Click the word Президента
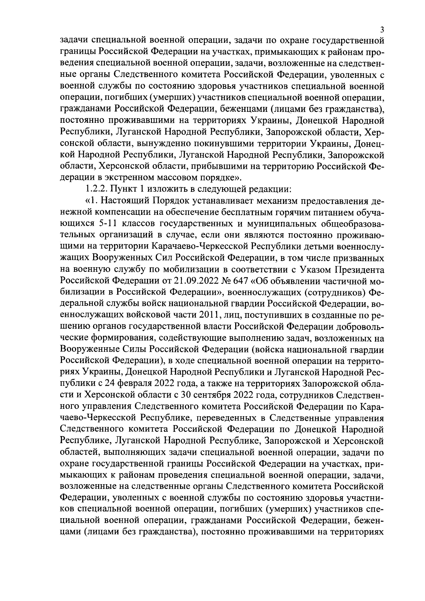(x=359, y=269)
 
